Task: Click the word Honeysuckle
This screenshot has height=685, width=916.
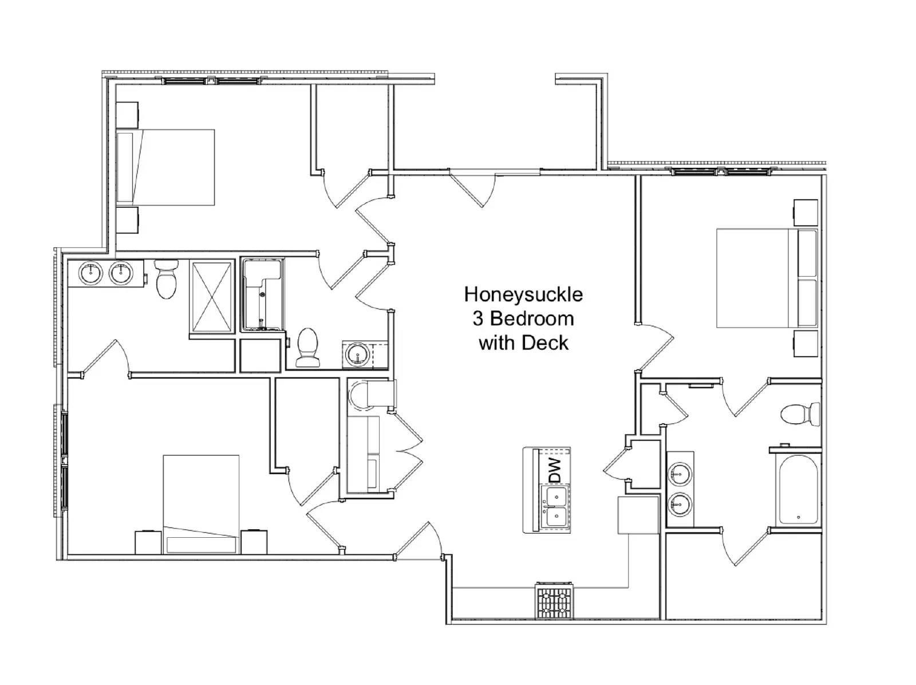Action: click(523, 294)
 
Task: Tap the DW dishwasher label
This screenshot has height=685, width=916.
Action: click(555, 470)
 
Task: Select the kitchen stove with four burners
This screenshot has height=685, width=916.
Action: click(554, 601)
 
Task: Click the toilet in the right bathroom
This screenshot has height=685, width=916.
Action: click(800, 414)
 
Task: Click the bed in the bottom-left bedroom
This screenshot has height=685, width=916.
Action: click(200, 504)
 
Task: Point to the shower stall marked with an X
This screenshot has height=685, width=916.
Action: click(212, 296)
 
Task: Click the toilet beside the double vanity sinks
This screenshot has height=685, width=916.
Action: click(167, 279)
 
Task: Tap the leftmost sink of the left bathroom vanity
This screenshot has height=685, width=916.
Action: click(90, 273)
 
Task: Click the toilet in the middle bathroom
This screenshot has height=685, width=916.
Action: click(308, 348)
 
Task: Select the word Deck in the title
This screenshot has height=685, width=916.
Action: click(548, 343)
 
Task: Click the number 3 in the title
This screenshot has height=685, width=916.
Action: click(478, 318)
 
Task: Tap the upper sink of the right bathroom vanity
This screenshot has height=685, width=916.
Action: click(680, 474)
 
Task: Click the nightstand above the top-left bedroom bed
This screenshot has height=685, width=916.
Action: click(127, 115)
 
